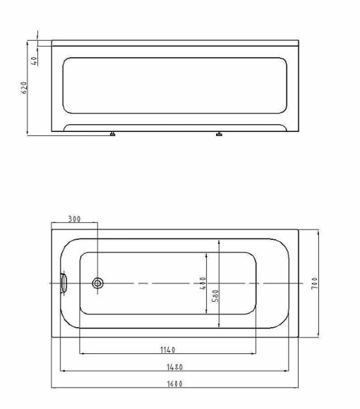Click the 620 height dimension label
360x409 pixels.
click(x=23, y=87)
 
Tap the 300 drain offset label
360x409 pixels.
click(x=73, y=219)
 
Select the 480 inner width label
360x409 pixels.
click(x=203, y=283)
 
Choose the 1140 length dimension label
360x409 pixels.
click(x=167, y=350)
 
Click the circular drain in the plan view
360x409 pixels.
click(x=98, y=283)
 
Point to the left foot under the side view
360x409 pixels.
click(x=112, y=133)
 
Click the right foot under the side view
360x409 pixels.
click(x=219, y=133)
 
